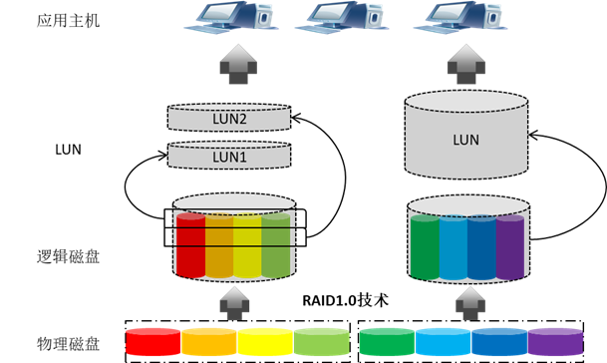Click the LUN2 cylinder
pyautogui.click(x=229, y=117)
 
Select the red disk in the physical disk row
pyautogui.click(x=153, y=342)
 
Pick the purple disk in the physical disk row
pyautogui.click(x=555, y=342)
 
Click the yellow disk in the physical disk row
pyautogui.click(x=267, y=342)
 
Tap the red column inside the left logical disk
pyautogui.click(x=190, y=245)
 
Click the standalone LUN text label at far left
pyautogui.click(x=66, y=151)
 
